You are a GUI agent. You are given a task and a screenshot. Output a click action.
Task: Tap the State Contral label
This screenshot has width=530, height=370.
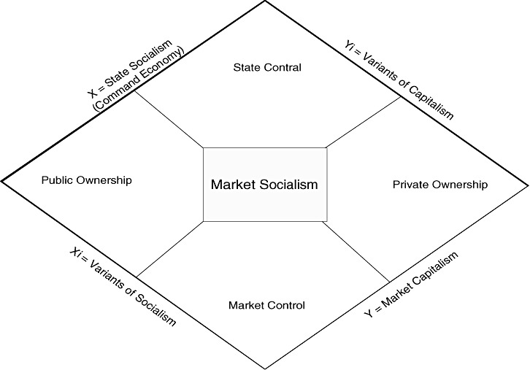pyautogui.click(x=267, y=68)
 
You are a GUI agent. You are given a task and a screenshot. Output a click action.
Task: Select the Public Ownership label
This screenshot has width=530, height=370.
pyautogui.click(x=86, y=180)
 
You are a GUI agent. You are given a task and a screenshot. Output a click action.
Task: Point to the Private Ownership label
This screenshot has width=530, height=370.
pyautogui.click(x=439, y=185)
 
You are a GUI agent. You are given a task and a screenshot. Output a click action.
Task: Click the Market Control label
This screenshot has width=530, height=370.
pyautogui.click(x=266, y=305)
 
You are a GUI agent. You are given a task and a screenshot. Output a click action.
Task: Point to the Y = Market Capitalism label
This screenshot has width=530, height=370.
pyautogui.click(x=412, y=285)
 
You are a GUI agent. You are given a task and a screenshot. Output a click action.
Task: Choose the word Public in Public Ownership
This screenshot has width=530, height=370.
pyautogui.click(x=56, y=180)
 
